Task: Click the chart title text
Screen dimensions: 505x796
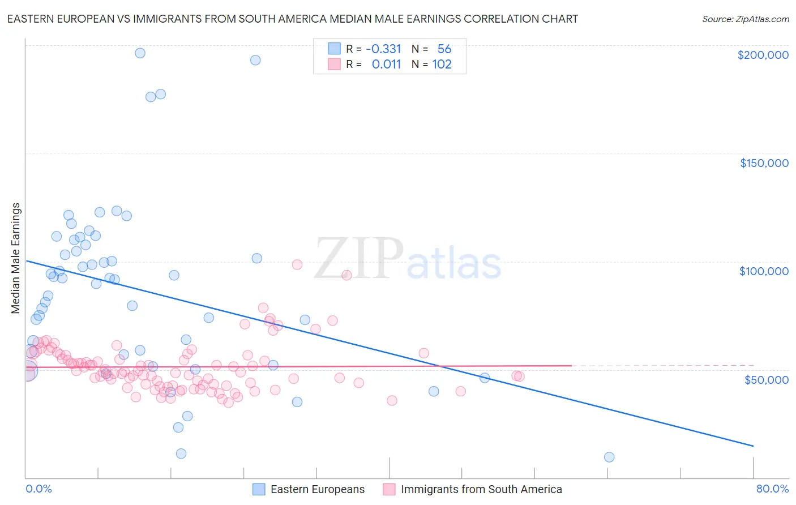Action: [292, 19]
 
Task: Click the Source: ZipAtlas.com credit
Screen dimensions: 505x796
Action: [745, 19]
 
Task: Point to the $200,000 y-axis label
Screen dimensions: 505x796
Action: [763, 55]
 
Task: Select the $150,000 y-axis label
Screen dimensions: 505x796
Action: [764, 163]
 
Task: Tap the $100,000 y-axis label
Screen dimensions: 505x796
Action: [764, 271]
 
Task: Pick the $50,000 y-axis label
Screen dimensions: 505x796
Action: [766, 379]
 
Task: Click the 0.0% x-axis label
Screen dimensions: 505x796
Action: [38, 489]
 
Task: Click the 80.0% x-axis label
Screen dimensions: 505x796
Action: [772, 489]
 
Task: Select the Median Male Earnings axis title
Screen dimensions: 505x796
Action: [16, 258]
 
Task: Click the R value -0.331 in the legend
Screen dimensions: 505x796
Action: [383, 49]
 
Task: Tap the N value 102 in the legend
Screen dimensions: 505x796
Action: [442, 65]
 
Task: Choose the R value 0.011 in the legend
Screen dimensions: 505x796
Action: [386, 65]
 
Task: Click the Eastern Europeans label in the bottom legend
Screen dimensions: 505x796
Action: [317, 489]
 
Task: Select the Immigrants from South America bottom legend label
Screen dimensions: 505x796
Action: [481, 489]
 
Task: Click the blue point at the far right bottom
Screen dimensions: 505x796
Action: [609, 457]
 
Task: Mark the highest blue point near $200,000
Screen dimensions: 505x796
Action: [140, 53]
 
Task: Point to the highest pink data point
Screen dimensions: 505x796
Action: [297, 264]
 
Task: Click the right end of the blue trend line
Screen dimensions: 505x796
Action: [753, 446]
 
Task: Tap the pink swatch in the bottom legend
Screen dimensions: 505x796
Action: [389, 489]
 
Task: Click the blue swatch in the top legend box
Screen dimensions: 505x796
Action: [335, 49]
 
